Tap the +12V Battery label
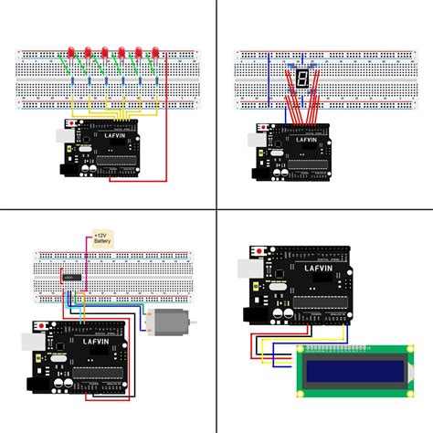100,239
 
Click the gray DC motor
167,321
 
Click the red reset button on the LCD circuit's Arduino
263,250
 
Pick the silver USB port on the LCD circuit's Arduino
246,269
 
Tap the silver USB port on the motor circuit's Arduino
26,343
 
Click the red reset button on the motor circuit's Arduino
42,324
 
